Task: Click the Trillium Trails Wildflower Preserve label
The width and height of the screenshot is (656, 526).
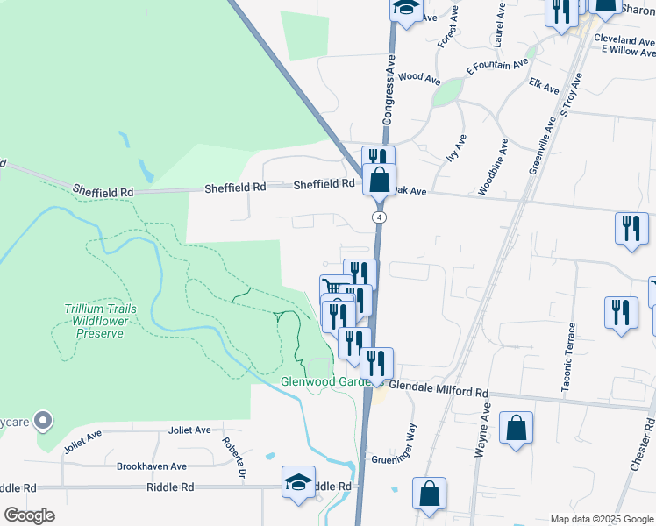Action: [97, 321]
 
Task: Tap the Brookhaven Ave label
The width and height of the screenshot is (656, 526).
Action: [152, 466]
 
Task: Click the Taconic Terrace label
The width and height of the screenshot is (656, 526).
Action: [571, 353]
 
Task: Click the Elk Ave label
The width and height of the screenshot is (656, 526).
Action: [545, 89]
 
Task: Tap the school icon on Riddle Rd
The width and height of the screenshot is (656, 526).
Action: [298, 483]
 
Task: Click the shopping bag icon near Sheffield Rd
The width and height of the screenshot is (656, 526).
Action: [379, 181]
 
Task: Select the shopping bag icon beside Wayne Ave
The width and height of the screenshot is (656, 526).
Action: [517, 430]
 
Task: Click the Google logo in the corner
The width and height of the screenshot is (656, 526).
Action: [29, 515]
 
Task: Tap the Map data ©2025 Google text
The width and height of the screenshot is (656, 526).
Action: [601, 519]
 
